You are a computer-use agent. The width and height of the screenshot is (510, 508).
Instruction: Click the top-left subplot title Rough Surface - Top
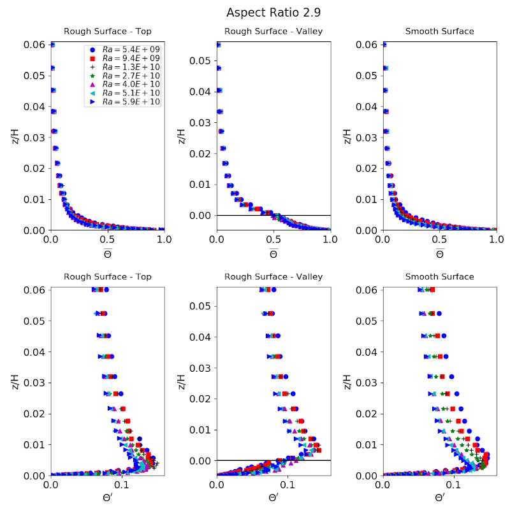[x=108, y=31]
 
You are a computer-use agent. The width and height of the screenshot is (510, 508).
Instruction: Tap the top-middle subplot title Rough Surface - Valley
[x=273, y=31]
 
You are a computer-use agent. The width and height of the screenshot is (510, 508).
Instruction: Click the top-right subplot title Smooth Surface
[x=439, y=31]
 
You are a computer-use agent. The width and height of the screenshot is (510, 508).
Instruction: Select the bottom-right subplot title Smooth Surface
[x=439, y=277]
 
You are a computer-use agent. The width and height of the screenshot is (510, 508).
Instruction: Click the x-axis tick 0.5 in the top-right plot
[x=439, y=239]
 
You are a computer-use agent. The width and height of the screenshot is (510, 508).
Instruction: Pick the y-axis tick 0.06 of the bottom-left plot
[x=36, y=290]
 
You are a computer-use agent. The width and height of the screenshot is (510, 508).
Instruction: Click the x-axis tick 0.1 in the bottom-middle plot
[x=288, y=484]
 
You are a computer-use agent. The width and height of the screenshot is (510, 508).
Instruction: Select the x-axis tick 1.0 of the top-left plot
[x=164, y=239]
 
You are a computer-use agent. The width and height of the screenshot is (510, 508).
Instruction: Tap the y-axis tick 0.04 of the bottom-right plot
[x=368, y=352]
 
